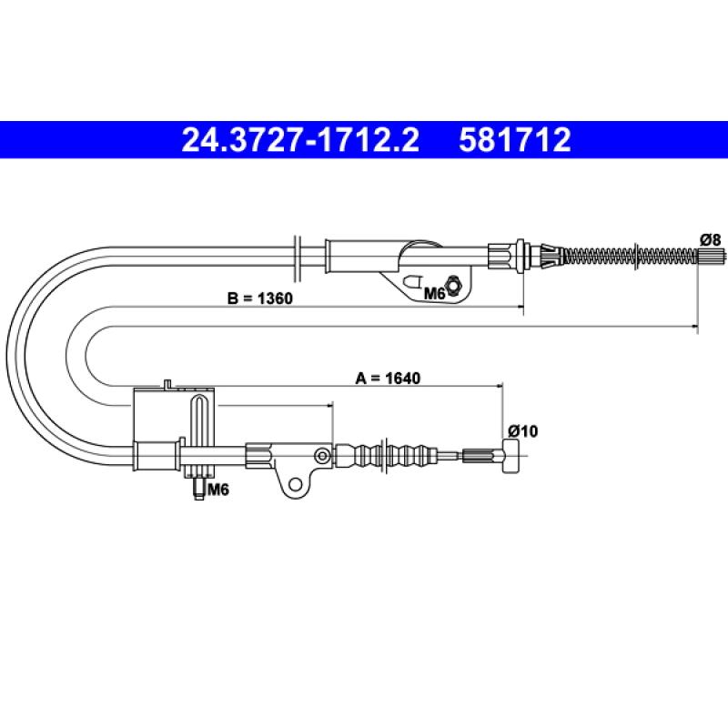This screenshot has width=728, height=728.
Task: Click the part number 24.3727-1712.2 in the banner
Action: pos(300,140)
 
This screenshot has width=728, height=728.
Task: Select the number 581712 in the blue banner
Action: pos(514,140)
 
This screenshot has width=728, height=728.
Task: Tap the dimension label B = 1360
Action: pos(260,298)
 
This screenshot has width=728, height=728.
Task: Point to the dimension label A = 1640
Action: pos(388,378)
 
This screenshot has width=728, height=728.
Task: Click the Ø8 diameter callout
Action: pos(711,239)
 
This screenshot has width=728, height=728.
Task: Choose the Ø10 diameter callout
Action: pos(522,430)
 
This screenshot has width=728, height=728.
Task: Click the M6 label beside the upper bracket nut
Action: pos(435,293)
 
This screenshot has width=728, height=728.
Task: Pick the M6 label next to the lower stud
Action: pos(218,489)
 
